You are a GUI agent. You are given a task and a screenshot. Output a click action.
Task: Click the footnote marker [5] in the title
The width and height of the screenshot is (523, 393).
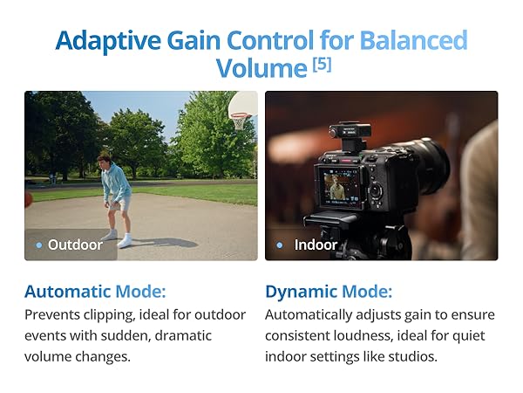click(322, 64)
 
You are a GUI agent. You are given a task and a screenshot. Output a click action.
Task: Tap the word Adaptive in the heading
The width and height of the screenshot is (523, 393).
click(108, 40)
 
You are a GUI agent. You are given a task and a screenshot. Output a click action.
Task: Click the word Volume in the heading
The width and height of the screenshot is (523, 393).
click(261, 68)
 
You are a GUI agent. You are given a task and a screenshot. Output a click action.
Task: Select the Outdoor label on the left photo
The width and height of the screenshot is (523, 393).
click(75, 245)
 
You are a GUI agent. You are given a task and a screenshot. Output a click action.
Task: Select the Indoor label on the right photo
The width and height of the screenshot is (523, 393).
click(316, 245)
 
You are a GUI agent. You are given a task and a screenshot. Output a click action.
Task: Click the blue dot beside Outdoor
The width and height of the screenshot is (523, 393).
click(39, 245)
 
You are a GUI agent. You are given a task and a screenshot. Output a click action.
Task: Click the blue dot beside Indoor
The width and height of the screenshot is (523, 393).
click(280, 245)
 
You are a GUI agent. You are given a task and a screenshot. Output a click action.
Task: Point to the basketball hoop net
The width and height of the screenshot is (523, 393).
click(239, 121)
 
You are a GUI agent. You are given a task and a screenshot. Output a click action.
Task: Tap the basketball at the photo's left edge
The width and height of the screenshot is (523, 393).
click(28, 199)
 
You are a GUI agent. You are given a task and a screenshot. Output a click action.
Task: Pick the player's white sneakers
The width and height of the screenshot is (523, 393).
click(118, 238)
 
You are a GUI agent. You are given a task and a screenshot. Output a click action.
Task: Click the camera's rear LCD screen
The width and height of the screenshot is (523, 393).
click(339, 187)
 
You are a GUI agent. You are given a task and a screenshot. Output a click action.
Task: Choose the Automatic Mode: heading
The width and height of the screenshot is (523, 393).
click(95, 292)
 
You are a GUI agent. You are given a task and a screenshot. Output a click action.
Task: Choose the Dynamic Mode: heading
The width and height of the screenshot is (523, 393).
click(329, 292)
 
